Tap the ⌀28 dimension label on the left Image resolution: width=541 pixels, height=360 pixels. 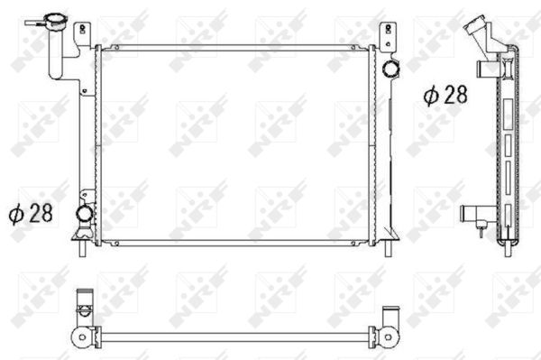click(x=31, y=213)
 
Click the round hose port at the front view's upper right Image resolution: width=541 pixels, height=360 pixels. click(x=390, y=68)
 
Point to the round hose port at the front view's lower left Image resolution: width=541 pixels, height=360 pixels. click(x=84, y=214)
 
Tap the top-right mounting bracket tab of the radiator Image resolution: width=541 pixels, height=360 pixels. click(x=388, y=33)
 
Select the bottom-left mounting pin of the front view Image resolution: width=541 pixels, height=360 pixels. click(x=82, y=248)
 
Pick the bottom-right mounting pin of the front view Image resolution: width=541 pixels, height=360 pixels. click(x=388, y=248)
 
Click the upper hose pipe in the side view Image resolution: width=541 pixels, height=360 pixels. click(x=487, y=69)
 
